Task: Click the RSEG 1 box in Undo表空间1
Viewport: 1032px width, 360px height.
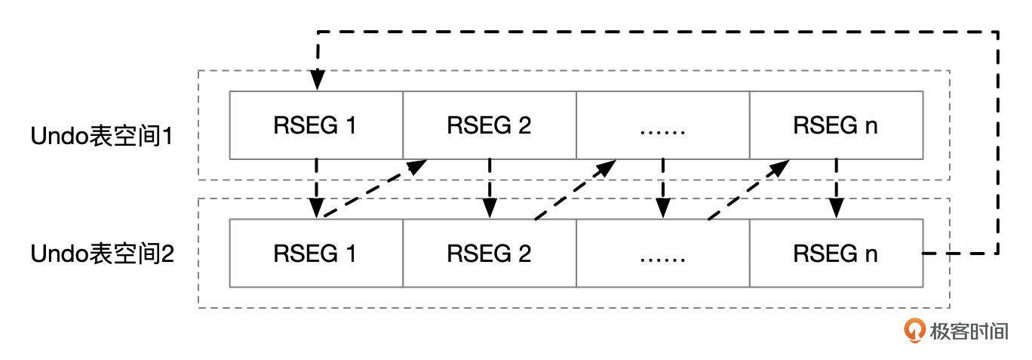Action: pyautogui.click(x=315, y=125)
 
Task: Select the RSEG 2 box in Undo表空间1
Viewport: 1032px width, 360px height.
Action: pyautogui.click(x=489, y=125)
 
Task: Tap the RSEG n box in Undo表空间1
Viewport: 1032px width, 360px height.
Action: pyautogui.click(x=836, y=125)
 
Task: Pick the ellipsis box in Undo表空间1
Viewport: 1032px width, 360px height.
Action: pyautogui.click(x=662, y=125)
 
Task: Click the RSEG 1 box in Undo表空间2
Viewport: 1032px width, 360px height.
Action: pyautogui.click(x=315, y=254)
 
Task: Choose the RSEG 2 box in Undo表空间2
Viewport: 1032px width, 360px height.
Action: pyautogui.click(x=489, y=254)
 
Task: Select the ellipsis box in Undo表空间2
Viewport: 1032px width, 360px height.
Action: pyautogui.click(x=662, y=254)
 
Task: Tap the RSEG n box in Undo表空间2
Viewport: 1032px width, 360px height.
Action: pyautogui.click(x=836, y=254)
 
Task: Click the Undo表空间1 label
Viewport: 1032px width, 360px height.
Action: pyautogui.click(x=102, y=137)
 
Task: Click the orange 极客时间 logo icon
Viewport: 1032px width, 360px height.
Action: pyautogui.click(x=915, y=330)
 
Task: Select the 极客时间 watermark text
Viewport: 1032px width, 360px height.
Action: pyautogui.click(x=969, y=331)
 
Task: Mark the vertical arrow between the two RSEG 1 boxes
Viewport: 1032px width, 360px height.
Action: pyautogui.click(x=318, y=189)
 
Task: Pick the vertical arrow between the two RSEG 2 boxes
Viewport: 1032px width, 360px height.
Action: pyautogui.click(x=490, y=189)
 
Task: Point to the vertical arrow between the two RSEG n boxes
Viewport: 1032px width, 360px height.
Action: pyautogui.click(x=836, y=189)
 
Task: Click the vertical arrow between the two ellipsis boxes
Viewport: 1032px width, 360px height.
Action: pyautogui.click(x=663, y=189)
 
